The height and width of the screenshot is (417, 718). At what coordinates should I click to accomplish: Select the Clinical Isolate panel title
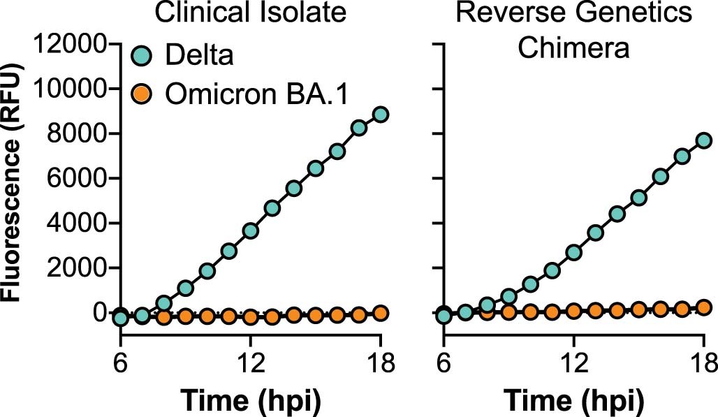[251, 13]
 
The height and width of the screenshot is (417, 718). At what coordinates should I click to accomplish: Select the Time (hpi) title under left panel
[251, 400]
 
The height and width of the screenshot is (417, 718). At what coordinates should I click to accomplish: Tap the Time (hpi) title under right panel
[574, 400]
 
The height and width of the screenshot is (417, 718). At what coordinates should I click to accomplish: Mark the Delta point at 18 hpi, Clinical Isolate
[380, 115]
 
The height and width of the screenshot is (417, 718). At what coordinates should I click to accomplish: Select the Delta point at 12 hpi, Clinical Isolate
[250, 231]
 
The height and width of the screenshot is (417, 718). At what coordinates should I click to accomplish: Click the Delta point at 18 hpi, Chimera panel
[703, 140]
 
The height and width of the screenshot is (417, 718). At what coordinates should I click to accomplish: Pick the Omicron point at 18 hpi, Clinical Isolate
[380, 313]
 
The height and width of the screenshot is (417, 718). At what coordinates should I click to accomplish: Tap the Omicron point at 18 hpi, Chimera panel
[703, 307]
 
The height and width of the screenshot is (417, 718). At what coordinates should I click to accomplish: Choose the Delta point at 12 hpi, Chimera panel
[573, 252]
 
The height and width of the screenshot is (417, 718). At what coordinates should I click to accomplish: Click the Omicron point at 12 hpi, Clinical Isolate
[250, 317]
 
